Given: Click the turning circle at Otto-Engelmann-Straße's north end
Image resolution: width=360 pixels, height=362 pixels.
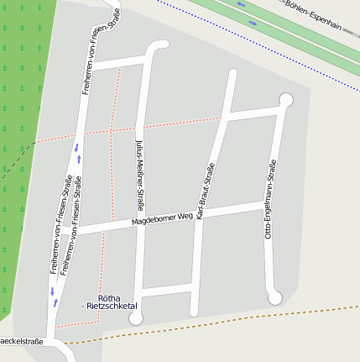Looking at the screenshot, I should click(285, 100).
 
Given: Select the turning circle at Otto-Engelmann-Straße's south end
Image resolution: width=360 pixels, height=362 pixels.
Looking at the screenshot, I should click(274, 297).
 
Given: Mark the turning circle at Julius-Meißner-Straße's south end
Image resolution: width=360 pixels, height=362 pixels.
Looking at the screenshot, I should click(136, 317).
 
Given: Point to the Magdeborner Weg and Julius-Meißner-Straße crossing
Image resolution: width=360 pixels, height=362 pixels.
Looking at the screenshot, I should click(139, 222).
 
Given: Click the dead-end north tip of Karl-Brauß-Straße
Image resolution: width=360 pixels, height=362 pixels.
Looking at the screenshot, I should click(232, 73).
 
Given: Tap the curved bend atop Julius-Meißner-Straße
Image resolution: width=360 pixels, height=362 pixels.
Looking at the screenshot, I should click(154, 49).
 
